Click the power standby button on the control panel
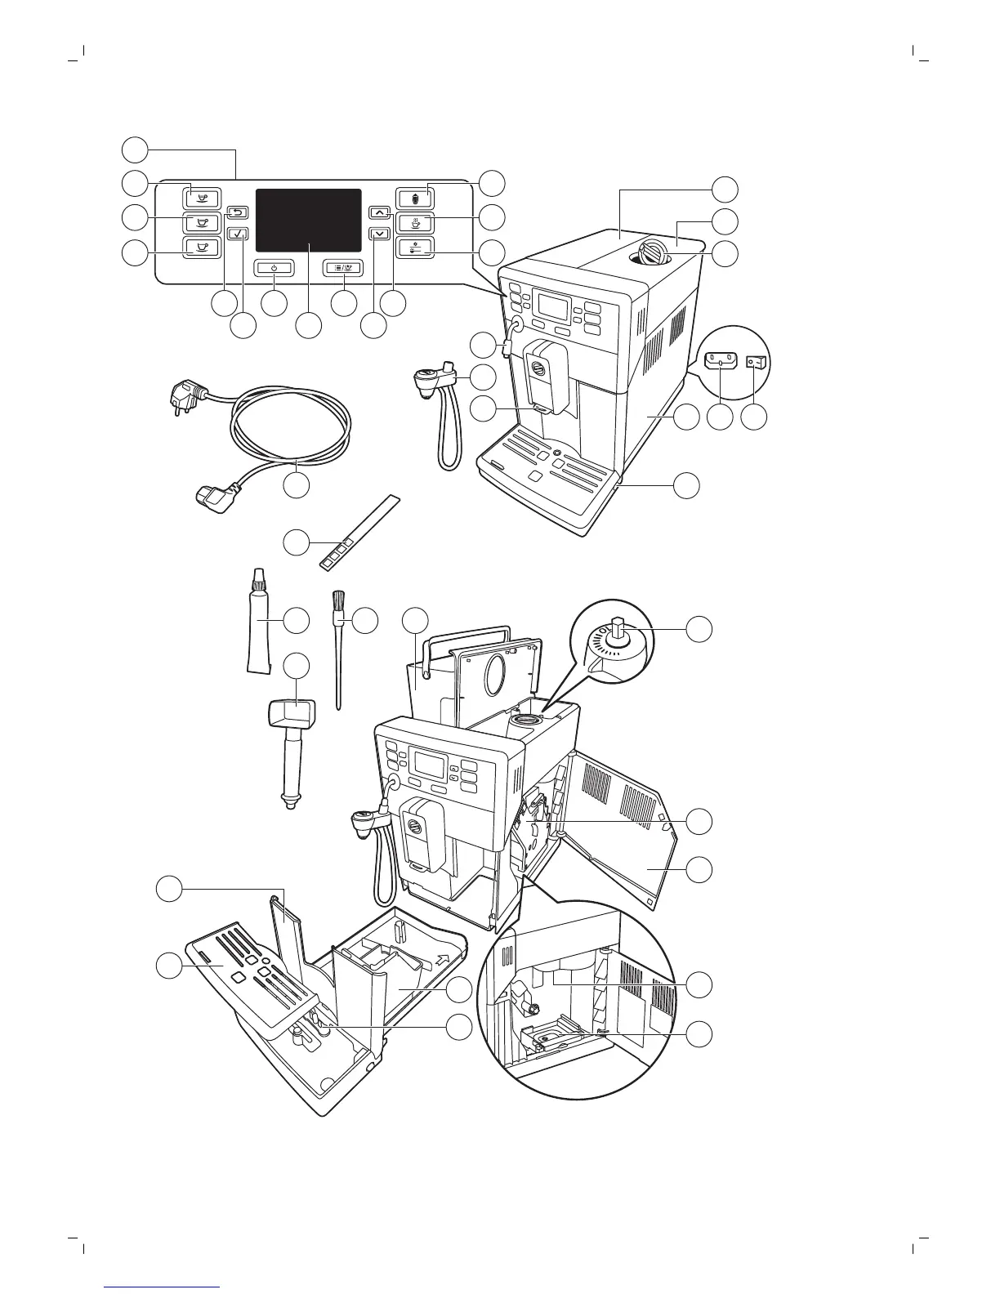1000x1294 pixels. pos(274,267)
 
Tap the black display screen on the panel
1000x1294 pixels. pos(308,220)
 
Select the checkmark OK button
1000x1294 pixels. pos(238,233)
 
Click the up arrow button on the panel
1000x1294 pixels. pos(379,212)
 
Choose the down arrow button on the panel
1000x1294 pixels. pos(379,233)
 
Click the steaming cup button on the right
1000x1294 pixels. pos(415,222)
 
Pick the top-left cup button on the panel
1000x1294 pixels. pos(202,197)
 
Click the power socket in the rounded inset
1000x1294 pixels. pos(720,359)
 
